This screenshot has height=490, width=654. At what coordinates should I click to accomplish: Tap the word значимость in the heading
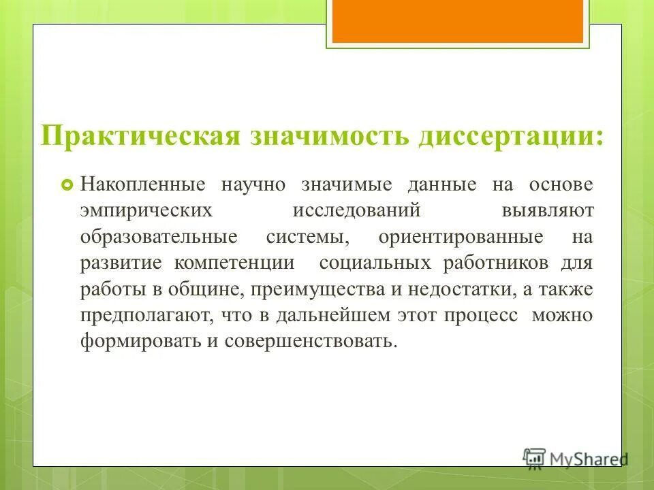pyautogui.click(x=323, y=135)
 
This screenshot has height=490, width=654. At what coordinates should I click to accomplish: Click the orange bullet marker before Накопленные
pyautogui.click(x=67, y=185)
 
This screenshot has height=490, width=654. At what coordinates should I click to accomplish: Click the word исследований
pyautogui.click(x=356, y=211)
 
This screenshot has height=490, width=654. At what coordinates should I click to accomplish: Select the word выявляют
pyautogui.click(x=548, y=211)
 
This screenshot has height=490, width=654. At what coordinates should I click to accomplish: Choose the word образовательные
pyautogui.click(x=159, y=237)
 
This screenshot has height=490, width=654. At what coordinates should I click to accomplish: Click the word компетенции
pyautogui.click(x=234, y=263)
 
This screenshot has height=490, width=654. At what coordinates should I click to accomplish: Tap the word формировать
pyautogui.click(x=140, y=341)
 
